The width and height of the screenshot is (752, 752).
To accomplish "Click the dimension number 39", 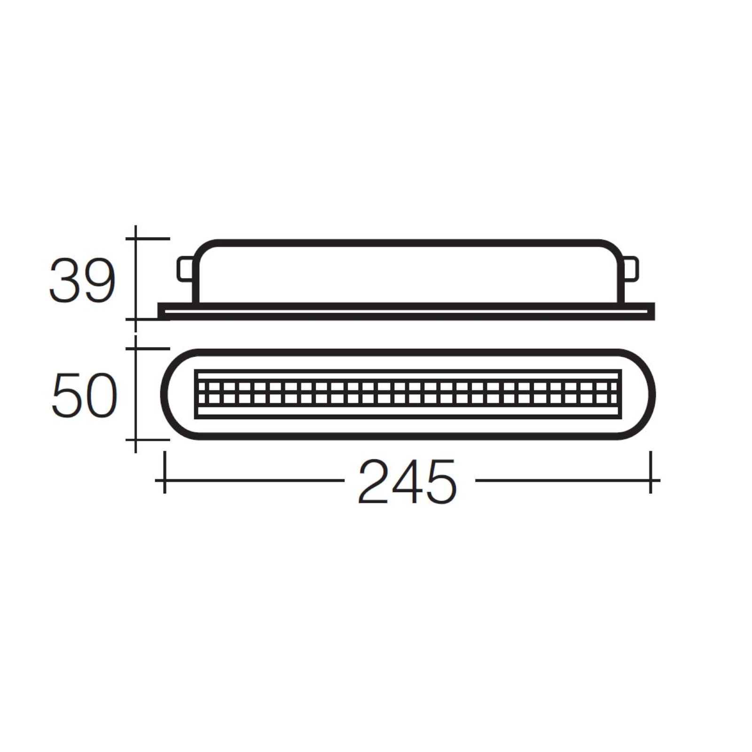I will (x=82, y=281).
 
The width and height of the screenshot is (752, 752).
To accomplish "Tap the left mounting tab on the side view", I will (x=184, y=269).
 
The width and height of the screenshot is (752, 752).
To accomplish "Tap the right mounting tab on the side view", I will (x=631, y=269).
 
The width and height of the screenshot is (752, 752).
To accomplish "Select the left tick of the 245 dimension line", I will (x=164, y=480).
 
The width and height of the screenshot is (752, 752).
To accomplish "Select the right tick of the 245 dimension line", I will (x=650, y=480).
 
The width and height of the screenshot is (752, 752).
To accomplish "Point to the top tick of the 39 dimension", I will (x=136, y=239).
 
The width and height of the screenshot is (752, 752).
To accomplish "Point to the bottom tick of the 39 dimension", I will (x=136, y=319).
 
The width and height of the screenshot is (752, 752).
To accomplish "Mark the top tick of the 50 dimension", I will (x=136, y=349).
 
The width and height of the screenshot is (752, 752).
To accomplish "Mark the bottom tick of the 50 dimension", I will (x=136, y=439).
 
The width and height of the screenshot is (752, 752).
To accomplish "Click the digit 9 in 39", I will (x=99, y=281).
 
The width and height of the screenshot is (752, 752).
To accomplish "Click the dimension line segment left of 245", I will (x=254, y=480).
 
